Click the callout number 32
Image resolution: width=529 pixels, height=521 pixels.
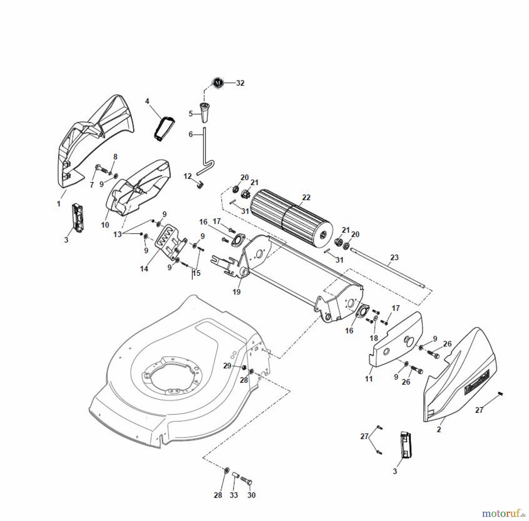click(240, 83)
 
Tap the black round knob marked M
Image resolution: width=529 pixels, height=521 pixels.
click(218, 83)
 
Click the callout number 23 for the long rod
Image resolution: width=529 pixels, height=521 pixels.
click(394, 257)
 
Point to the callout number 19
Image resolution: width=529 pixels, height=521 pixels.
click(237, 292)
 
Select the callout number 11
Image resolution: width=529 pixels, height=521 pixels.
click(369, 378)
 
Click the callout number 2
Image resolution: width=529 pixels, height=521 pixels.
click(439, 429)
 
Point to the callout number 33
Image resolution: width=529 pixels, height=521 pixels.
click(234, 495)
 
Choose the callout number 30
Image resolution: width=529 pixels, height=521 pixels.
click(251, 495)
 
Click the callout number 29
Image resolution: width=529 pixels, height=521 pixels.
click(227, 366)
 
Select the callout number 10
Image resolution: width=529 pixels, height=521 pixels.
click(105, 225)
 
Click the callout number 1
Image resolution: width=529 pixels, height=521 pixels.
click(58, 203)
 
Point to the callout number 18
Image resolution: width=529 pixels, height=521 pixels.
click(374, 338)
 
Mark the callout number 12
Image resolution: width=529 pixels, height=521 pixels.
click(188, 176)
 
